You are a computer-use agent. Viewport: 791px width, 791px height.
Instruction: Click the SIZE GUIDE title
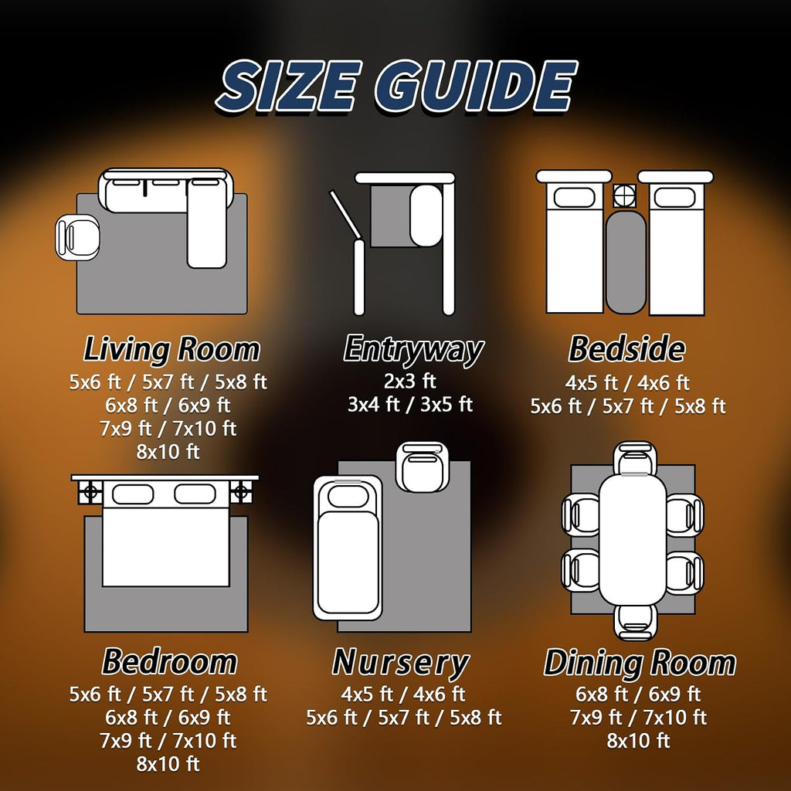tap(397, 86)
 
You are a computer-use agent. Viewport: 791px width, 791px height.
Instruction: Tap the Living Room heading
tap(171, 350)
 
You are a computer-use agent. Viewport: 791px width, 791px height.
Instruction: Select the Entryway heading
tap(413, 350)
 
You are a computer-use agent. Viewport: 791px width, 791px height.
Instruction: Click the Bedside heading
tap(626, 348)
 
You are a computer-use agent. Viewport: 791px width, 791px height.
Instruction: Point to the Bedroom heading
tap(169, 661)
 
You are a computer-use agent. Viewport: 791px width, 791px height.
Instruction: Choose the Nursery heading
tap(401, 663)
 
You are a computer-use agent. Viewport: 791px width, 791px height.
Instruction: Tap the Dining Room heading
tap(640, 663)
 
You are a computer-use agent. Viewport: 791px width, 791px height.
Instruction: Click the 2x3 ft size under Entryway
tap(409, 381)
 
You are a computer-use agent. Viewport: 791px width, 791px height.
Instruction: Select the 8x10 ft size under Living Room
tap(168, 451)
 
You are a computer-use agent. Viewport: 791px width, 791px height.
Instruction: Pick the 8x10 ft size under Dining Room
tap(638, 741)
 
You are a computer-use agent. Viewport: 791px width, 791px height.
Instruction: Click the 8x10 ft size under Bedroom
tap(168, 764)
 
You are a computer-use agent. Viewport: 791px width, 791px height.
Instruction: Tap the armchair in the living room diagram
tap(77, 238)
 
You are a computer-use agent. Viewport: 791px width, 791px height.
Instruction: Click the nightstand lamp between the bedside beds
tap(624, 195)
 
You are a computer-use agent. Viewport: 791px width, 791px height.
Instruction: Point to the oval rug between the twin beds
tap(626, 263)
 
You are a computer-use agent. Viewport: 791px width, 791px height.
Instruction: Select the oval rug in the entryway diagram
tap(426, 216)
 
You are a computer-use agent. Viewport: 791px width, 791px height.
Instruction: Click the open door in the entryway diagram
tap(345, 214)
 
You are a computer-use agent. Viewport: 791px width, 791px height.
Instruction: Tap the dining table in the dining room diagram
tap(633, 540)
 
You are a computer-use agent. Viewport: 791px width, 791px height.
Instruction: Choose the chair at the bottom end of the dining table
tap(635, 623)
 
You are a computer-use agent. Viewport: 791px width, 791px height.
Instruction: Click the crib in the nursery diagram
tap(348, 548)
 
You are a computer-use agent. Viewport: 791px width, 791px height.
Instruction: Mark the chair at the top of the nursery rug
tap(423, 467)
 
